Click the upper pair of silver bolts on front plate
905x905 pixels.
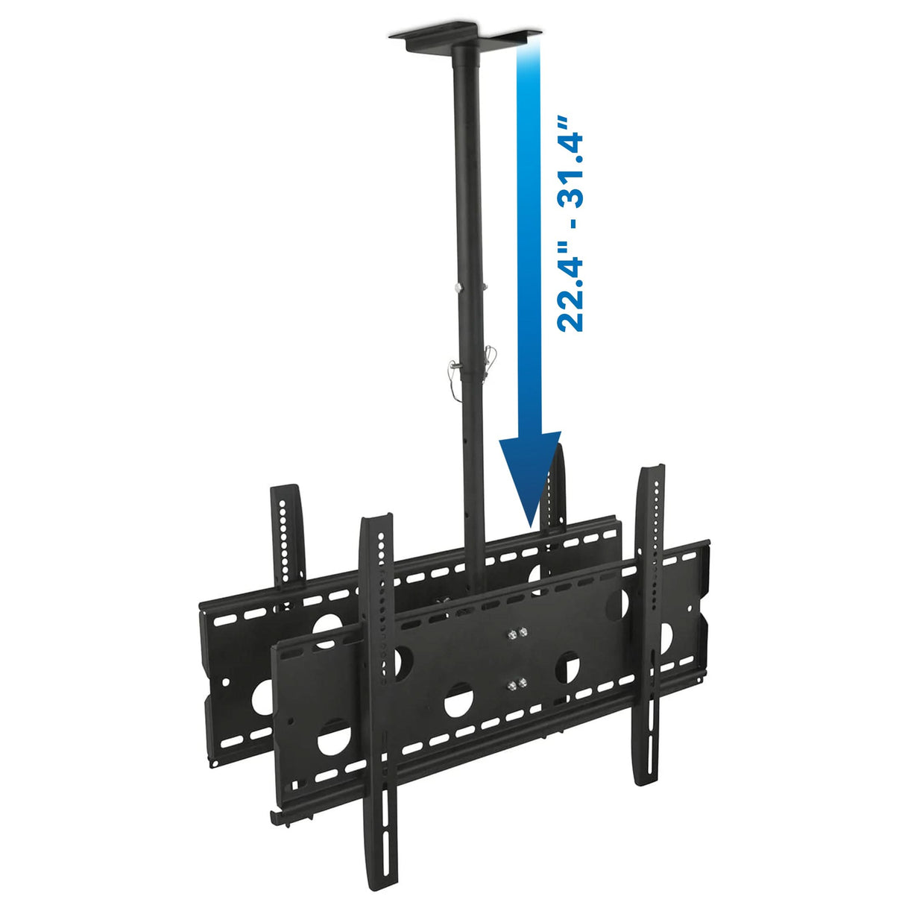[515, 634]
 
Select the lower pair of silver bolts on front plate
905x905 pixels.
[515, 683]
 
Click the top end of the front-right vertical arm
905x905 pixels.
[650, 471]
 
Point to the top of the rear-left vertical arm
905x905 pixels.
[285, 491]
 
